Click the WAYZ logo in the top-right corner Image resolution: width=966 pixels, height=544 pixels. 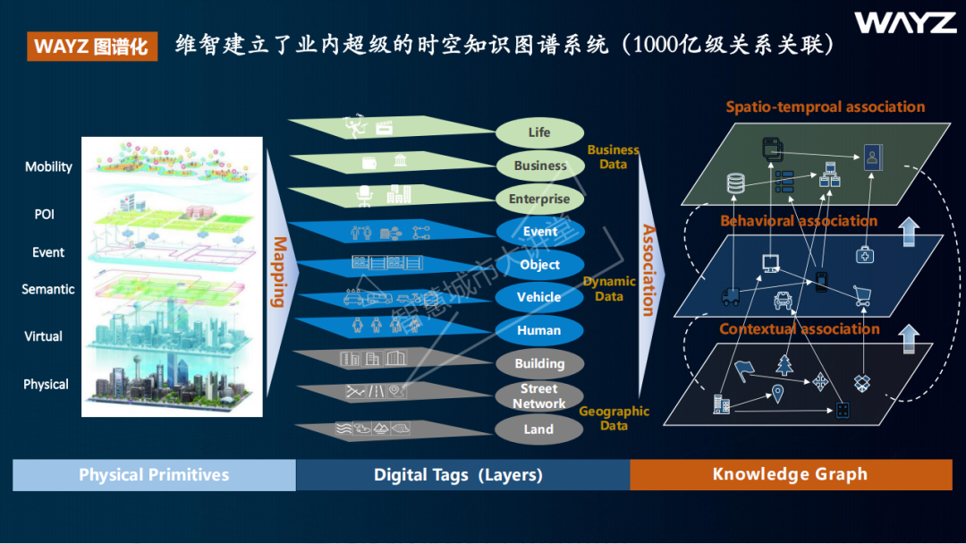coord(905,23)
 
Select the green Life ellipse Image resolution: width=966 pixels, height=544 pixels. coord(539,132)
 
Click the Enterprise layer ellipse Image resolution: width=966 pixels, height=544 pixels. coord(539,199)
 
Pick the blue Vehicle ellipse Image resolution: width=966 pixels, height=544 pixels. coord(539,297)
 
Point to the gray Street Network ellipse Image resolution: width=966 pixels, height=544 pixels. coord(539,396)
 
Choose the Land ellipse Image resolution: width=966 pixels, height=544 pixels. coord(538,429)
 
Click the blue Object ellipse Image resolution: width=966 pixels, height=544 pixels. coord(539,265)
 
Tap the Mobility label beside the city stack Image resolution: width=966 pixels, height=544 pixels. coord(48,166)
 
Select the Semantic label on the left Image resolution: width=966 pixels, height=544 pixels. coord(48,289)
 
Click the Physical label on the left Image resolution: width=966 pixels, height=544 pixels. coord(46,384)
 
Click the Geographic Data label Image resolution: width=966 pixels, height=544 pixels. coord(614,418)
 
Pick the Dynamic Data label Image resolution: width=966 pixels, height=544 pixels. coord(609,288)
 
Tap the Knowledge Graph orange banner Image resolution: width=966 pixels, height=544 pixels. coord(790,475)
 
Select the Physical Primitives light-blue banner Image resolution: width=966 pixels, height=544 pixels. coord(154,475)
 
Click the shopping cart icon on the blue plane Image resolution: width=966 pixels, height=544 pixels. coord(861,295)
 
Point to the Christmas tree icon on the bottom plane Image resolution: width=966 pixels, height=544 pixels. coord(784,365)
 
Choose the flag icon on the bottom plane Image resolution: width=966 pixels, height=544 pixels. coord(743,368)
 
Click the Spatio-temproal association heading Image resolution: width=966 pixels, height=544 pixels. coord(825,107)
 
